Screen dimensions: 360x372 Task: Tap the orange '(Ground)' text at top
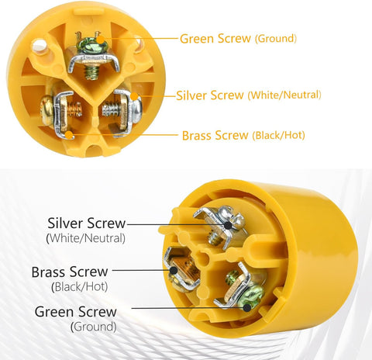coord(275,38)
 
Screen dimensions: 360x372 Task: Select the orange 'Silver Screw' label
coord(209,95)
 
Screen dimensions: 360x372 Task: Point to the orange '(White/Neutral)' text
coord(284,96)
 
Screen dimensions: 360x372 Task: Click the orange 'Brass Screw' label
coord(215,135)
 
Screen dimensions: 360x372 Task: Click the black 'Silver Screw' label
coord(86,224)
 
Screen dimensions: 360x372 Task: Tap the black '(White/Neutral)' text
coord(86,238)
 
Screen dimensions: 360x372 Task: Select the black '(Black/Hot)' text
coord(81,286)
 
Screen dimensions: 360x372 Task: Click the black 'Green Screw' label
coord(76,312)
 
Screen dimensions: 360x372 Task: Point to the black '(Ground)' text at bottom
coord(93,327)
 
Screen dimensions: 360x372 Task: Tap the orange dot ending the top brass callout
coord(48,133)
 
